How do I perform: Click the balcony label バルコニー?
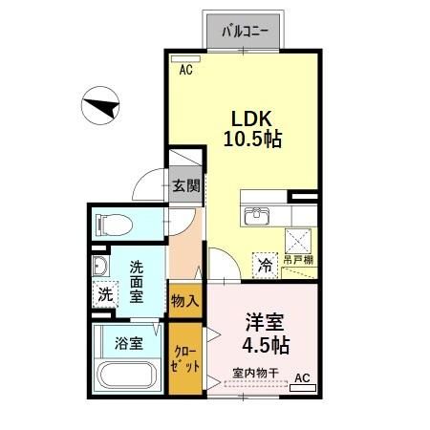tap(245, 31)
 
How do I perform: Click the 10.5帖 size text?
tap(252, 140)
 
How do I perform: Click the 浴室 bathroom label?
tap(128, 341)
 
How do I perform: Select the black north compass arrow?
tap(104, 104)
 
